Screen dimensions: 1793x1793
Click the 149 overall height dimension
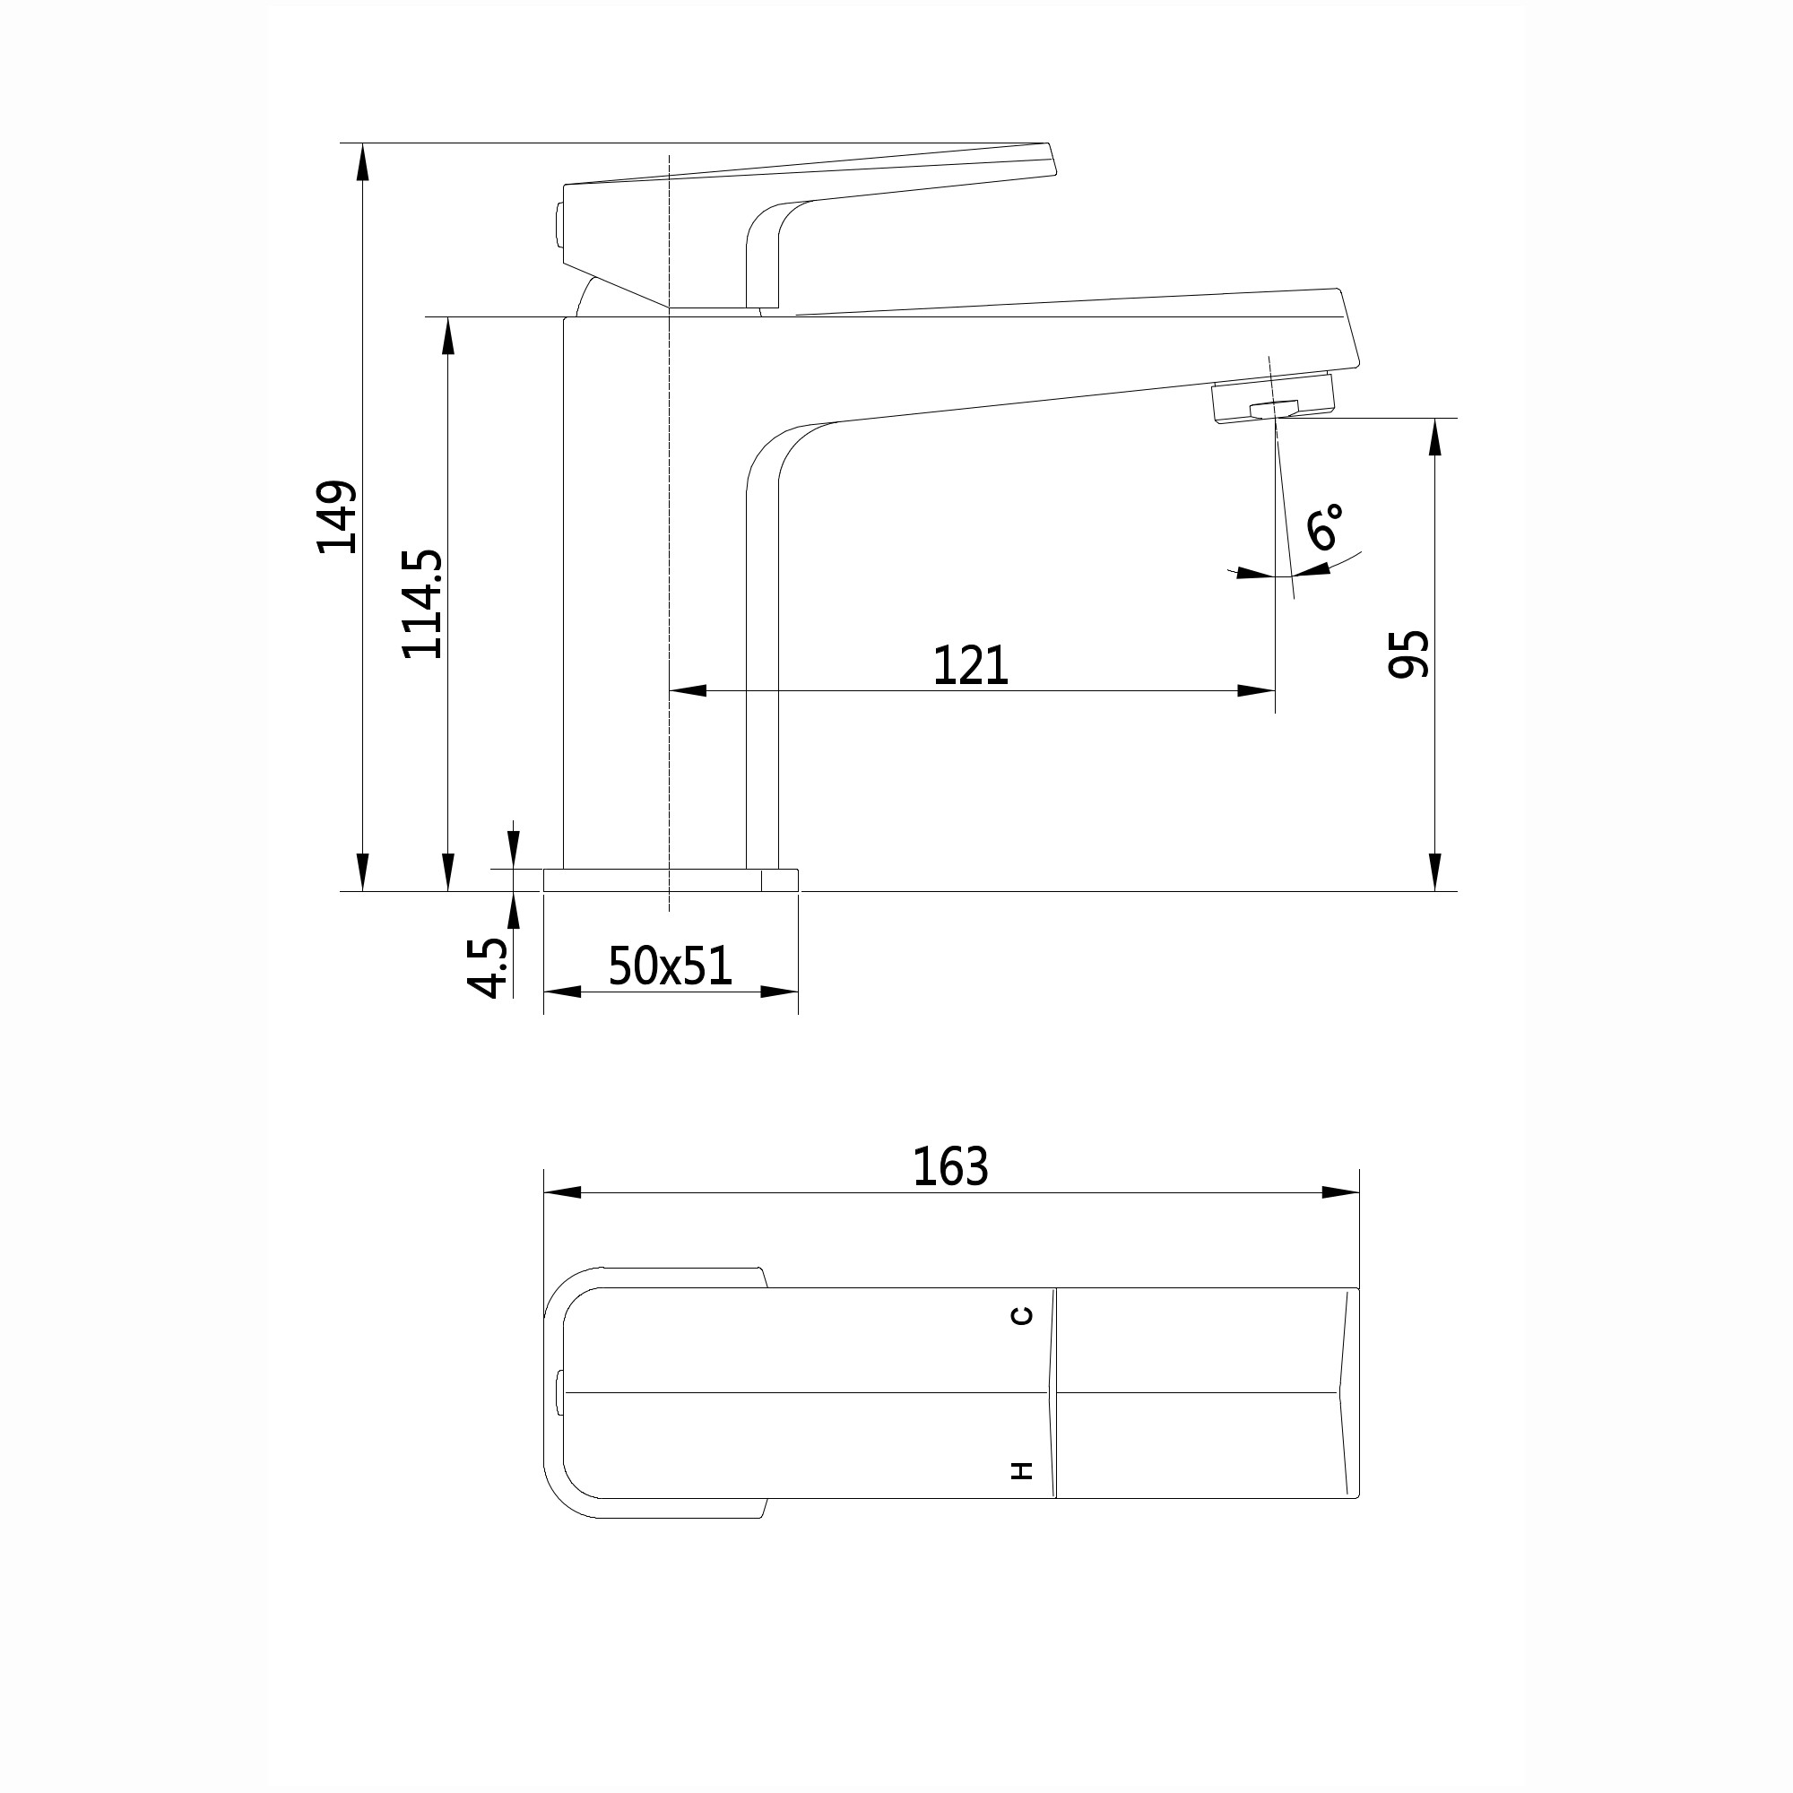tap(336, 517)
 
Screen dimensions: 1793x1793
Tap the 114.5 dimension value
tap(422, 604)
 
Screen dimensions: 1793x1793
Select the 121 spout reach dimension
tap(970, 665)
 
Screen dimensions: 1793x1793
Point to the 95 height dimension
tap(1408, 654)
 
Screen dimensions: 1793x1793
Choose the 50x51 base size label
tap(670, 966)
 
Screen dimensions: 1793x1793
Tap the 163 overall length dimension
tap(950, 1166)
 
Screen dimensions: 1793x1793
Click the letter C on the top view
tap(1022, 1315)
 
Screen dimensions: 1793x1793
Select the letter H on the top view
tap(1022, 1470)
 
